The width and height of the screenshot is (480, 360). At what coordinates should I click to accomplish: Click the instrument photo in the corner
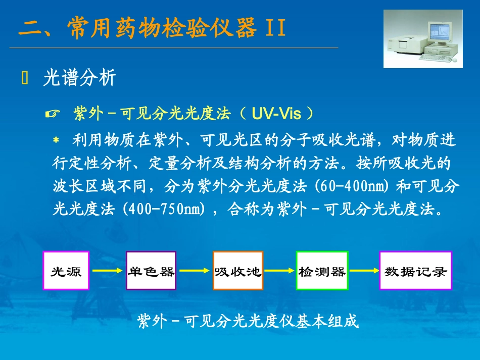[x=422, y=39]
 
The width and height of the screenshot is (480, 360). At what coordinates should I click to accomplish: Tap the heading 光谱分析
[x=80, y=78]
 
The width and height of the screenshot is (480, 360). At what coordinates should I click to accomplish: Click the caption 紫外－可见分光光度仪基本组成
[x=248, y=322]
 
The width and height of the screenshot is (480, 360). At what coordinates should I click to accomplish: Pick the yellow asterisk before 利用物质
[x=56, y=140]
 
